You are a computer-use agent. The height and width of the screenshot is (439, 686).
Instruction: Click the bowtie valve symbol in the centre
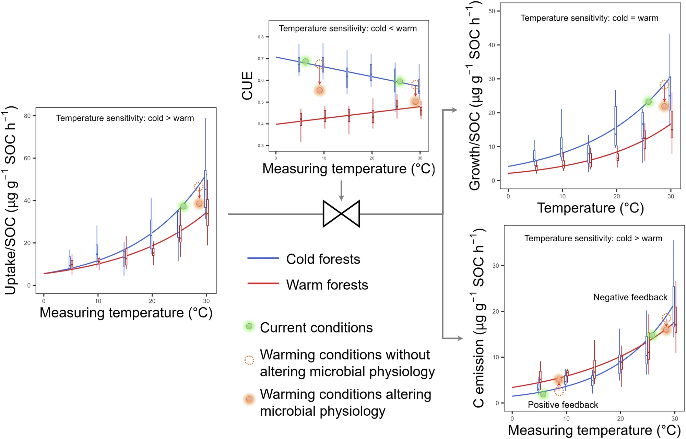341,213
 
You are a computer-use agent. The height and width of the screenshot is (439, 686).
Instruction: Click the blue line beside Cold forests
263,258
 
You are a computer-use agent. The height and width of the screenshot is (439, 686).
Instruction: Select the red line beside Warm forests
263,284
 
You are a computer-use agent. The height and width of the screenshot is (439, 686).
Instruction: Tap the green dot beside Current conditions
249,326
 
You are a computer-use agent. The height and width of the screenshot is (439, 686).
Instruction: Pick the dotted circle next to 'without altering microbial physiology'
249,360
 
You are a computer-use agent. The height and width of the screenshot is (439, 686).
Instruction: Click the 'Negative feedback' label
630,297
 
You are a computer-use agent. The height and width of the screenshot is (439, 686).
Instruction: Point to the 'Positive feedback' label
563,405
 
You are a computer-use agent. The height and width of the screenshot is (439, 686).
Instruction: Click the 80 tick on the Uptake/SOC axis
27,116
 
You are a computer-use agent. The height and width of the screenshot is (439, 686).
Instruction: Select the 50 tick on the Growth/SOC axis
492,11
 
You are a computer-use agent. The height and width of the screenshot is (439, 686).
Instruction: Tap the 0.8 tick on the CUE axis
261,37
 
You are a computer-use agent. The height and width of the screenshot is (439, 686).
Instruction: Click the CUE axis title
247,86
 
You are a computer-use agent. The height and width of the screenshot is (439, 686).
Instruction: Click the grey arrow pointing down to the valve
341,190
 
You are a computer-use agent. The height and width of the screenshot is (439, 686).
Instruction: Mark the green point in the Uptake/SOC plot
184,206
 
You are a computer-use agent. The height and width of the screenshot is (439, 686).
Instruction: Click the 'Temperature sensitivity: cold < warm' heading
348,28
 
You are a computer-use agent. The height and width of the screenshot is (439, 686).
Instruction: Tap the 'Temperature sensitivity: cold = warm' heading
589,18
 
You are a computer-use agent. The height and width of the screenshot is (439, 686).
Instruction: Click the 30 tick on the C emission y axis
495,266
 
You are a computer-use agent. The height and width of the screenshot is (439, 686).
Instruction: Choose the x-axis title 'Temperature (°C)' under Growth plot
590,208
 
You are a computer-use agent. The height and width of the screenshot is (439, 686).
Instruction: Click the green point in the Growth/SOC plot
648,102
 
